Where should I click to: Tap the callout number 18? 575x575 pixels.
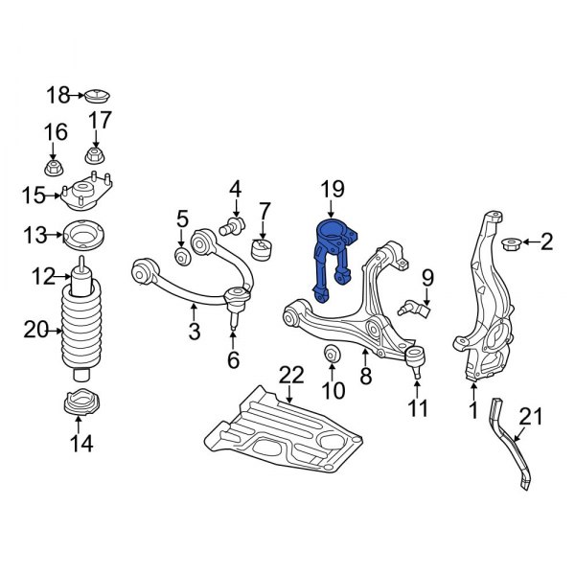point(59,94)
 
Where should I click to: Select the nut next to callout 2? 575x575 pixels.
point(511,242)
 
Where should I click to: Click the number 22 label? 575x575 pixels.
point(290,374)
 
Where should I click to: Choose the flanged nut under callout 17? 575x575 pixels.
point(96,156)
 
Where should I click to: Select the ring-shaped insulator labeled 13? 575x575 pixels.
point(83,234)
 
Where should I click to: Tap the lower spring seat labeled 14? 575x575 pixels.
point(82,403)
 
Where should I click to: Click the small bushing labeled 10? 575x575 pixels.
point(332,356)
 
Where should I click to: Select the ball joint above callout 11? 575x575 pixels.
point(415,360)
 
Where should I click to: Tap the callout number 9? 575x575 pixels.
point(427,279)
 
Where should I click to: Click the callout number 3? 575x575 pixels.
point(194,333)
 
